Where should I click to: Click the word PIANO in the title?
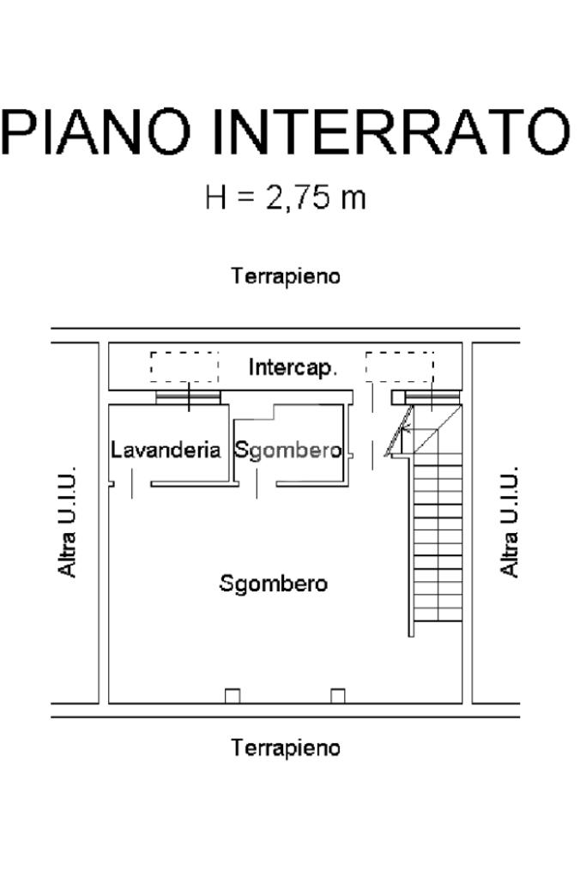point(96,132)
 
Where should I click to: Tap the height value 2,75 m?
point(316,197)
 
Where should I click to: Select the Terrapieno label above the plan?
point(286,276)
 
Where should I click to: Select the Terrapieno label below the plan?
point(286,748)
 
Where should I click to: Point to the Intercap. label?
point(293,368)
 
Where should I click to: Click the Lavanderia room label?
point(166,451)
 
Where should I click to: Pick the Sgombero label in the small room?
point(287,451)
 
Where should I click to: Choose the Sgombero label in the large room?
point(273,584)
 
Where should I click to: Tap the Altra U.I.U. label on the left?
point(67,521)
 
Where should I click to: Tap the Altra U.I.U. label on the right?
point(509,521)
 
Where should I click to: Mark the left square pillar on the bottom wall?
point(233,696)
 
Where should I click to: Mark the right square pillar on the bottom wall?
point(337,696)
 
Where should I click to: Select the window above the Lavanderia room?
point(188,397)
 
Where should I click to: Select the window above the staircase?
point(432,397)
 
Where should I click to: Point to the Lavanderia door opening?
point(132,484)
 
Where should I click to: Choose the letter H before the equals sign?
point(216,197)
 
